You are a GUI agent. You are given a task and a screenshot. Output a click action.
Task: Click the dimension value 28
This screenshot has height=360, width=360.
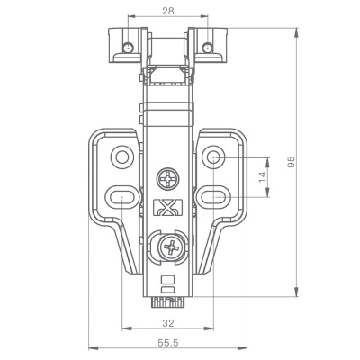[168, 11]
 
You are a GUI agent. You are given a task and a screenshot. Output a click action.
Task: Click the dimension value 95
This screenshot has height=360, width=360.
[292, 162]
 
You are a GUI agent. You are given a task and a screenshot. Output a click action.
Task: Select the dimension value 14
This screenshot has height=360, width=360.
[263, 177]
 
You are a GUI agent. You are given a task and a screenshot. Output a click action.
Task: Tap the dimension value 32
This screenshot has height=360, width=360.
[168, 323]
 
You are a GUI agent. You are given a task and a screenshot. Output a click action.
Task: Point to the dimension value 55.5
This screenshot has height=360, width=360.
[168, 343]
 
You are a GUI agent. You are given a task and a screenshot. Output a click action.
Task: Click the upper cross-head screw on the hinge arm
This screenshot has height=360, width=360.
[168, 179]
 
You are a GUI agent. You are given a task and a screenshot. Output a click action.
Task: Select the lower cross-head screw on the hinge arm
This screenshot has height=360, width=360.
[171, 247]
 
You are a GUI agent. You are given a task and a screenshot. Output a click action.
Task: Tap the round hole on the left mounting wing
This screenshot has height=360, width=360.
[122, 157]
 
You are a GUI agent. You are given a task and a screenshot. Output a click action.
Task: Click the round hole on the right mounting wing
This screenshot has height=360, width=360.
[213, 157]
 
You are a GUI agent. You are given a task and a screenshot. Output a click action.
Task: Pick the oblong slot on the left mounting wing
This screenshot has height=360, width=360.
[122, 197]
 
